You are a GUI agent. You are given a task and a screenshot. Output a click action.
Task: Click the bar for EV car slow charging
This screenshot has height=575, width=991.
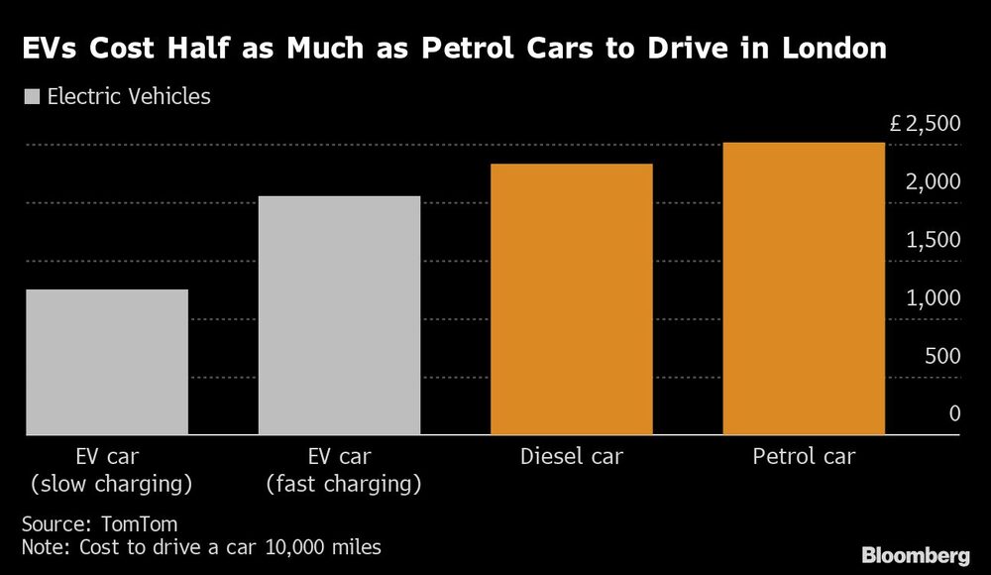106,362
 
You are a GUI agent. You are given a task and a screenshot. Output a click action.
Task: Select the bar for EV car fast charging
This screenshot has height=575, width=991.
339,315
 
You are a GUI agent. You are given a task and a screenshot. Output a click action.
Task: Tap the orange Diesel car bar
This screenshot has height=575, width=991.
572,299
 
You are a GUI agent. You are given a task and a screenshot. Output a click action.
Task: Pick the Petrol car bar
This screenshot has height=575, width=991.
804,288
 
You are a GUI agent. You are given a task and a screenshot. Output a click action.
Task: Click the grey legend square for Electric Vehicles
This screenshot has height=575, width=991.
29,97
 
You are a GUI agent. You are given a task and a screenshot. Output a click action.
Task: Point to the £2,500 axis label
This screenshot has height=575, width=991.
925,125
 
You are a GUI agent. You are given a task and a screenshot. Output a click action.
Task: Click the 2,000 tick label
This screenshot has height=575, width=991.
934,182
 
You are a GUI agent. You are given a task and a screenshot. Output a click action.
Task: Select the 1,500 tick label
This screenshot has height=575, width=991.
934,241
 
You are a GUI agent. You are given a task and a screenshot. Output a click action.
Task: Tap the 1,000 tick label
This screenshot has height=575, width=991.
934,298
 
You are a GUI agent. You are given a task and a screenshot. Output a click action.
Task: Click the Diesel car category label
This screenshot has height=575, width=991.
572,457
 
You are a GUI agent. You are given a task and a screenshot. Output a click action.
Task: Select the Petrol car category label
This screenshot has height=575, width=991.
804,457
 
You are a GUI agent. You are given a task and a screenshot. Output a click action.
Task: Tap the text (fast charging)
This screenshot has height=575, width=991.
339,485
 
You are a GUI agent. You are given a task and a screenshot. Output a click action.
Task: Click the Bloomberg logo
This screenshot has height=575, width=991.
917,553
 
